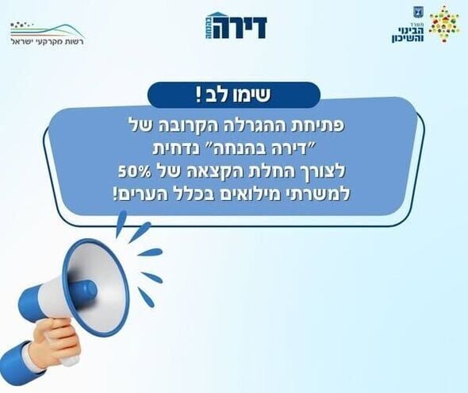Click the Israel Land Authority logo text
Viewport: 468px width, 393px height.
pyautogui.click(x=47, y=40)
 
